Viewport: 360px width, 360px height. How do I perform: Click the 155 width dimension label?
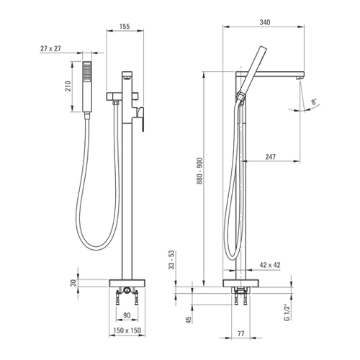click(125, 26)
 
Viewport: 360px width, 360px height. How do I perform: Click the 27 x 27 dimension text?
click(50, 49)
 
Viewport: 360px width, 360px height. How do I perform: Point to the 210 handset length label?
click(68, 86)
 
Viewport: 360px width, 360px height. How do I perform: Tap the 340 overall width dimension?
click(265, 22)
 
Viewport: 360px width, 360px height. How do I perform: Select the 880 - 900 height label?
click(199, 171)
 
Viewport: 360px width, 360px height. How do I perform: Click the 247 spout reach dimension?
click(271, 157)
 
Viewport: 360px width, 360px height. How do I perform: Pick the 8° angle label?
click(315, 102)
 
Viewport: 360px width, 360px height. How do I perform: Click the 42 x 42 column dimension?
click(270, 265)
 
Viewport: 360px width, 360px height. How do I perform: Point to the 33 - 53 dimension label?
click(172, 260)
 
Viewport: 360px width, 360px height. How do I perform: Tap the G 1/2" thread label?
click(287, 312)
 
